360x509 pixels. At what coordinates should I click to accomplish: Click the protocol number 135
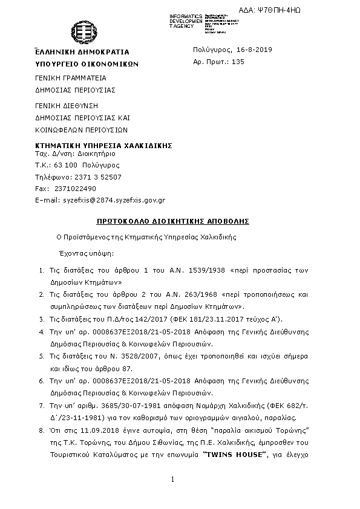[238, 62]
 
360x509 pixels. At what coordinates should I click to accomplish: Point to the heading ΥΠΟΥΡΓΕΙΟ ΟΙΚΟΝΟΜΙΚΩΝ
[87, 63]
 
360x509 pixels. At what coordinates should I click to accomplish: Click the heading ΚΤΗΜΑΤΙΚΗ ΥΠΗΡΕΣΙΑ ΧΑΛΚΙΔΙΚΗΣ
[104, 146]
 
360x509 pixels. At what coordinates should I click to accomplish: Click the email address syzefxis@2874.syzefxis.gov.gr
[114, 199]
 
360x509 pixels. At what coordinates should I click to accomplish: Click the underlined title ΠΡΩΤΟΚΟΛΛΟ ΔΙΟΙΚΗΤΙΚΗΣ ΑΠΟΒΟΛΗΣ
[173, 221]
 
